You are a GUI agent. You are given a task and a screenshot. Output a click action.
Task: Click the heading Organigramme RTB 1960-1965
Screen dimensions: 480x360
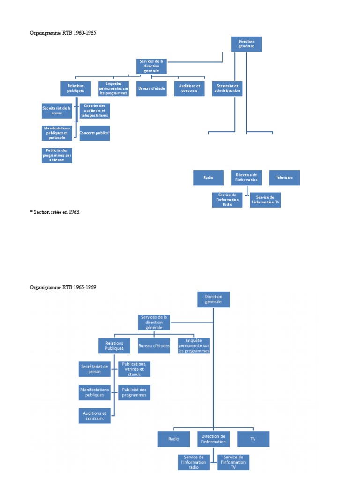click(63, 33)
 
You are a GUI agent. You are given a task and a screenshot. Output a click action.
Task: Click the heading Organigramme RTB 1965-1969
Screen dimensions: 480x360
click(63, 287)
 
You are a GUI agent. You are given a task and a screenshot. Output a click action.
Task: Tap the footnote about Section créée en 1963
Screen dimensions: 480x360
click(55, 212)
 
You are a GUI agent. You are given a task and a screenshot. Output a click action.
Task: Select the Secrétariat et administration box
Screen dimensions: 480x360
click(227, 88)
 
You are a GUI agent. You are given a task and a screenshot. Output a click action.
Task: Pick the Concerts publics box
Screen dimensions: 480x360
click(95, 133)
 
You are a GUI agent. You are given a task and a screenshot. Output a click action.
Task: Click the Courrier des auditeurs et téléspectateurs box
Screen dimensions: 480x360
click(95, 111)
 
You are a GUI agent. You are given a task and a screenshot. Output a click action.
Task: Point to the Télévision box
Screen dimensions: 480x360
click(284, 178)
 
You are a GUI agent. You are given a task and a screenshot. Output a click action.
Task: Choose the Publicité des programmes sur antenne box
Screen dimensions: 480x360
click(57, 155)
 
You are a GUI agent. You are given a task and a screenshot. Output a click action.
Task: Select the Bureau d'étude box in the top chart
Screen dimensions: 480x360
click(152, 89)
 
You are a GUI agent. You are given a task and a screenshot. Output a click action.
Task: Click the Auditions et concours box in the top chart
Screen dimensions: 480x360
click(189, 89)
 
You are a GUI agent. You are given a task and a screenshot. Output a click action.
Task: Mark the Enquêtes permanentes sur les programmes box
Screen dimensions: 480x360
click(113, 89)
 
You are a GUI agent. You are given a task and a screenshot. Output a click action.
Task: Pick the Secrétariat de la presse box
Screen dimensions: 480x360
click(57, 111)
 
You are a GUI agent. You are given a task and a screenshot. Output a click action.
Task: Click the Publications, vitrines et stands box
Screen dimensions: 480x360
click(134, 369)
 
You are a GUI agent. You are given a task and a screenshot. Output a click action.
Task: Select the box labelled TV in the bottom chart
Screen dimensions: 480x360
click(253, 439)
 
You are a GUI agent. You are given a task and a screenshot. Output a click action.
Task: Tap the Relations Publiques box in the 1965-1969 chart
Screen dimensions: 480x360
click(114, 346)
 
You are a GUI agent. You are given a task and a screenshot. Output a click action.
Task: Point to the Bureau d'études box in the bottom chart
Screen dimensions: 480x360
click(154, 346)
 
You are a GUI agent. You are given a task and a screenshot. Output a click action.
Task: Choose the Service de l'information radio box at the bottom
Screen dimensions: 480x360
click(194, 462)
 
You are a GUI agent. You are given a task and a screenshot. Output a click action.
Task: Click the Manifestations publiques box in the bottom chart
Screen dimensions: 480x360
click(95, 392)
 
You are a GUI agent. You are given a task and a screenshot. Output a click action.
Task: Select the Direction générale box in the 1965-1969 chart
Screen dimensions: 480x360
click(214, 299)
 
